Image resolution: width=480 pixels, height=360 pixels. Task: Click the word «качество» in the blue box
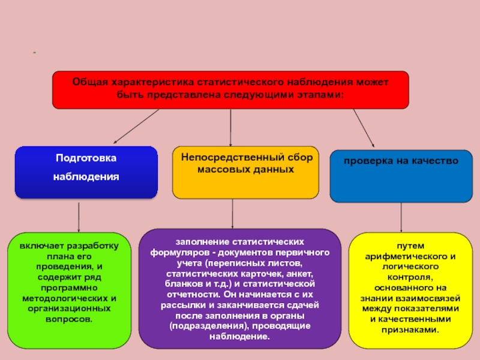[436, 161]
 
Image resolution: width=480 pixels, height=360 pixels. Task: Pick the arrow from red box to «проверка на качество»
[364, 128]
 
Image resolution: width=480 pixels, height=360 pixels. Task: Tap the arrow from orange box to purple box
[233, 214]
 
